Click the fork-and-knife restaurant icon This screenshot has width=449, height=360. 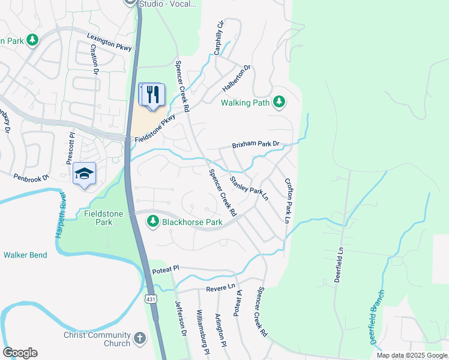[x=152, y=94]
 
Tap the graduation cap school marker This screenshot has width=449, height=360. [x=85, y=173]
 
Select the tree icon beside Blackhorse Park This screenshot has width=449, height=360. [x=153, y=222]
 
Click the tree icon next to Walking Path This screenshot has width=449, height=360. [x=279, y=103]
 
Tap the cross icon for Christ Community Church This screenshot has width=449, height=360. [x=140, y=339]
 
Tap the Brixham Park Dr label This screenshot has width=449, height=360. [x=256, y=145]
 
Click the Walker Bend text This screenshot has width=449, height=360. [x=25, y=255]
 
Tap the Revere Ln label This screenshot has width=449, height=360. [x=220, y=289]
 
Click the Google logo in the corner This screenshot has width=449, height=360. [x=20, y=353]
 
